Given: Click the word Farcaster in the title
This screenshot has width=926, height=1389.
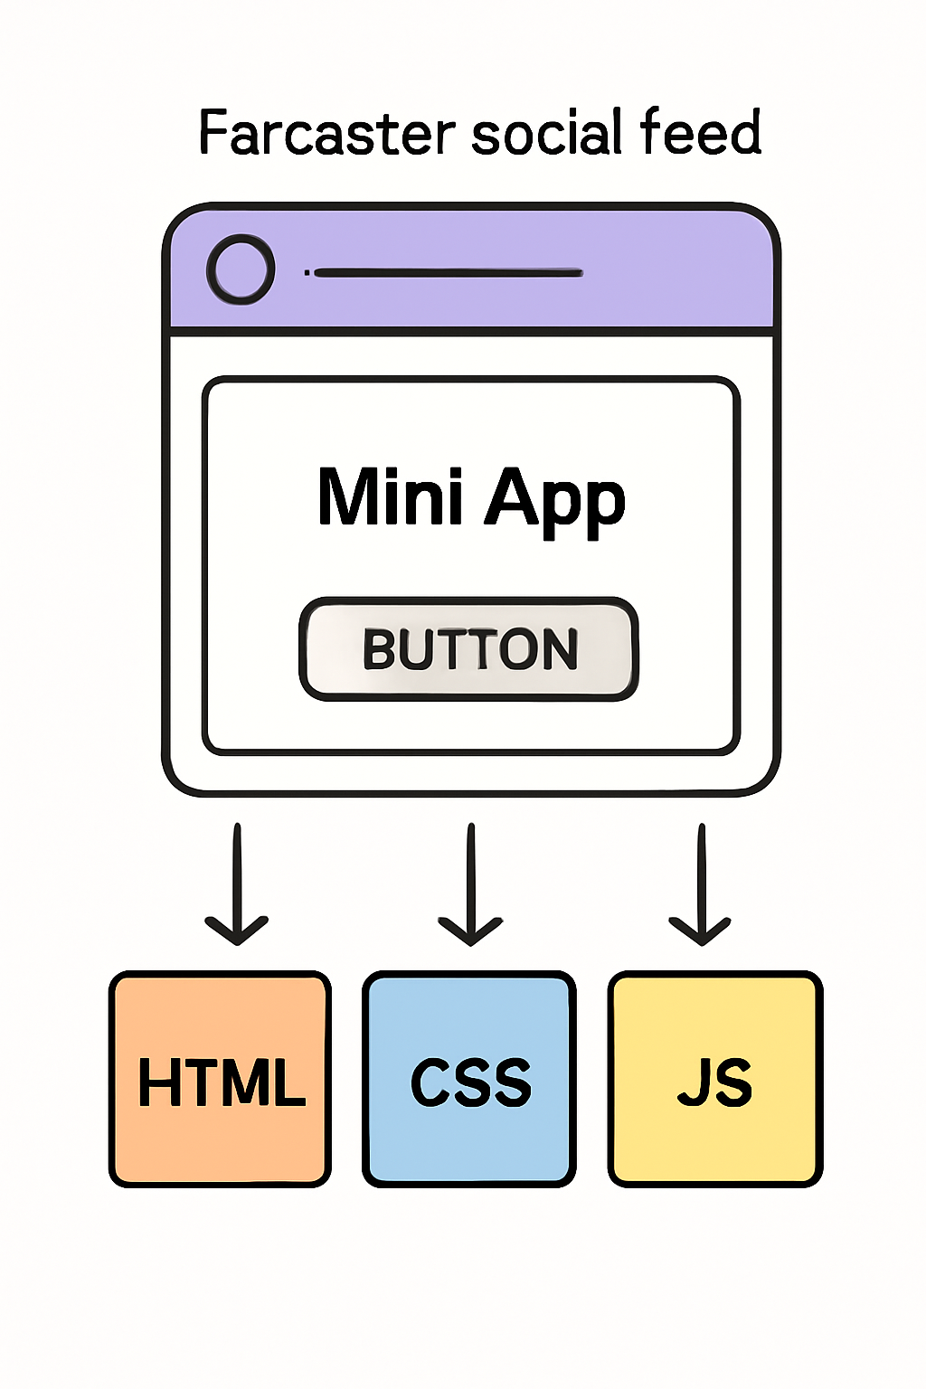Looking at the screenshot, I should click(x=326, y=133).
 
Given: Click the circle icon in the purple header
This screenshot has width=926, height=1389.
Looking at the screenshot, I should click(x=240, y=269).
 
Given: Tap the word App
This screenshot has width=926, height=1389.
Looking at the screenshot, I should click(x=554, y=499).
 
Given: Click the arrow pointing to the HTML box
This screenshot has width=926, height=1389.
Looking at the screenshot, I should click(x=237, y=886).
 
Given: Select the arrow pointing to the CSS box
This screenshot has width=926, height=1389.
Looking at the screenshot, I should click(x=470, y=886).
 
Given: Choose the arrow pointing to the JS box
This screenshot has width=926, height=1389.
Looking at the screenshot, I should click(x=701, y=886).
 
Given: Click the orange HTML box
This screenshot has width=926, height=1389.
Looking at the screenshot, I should click(x=220, y=1078).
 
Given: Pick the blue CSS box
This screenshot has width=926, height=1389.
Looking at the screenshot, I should click(x=469, y=1078).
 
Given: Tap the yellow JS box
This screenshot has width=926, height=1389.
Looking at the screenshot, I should click(x=714, y=1078).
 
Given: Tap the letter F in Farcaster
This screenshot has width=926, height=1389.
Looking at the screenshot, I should click(x=213, y=133).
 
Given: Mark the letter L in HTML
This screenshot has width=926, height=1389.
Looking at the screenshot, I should click(x=288, y=1082).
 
